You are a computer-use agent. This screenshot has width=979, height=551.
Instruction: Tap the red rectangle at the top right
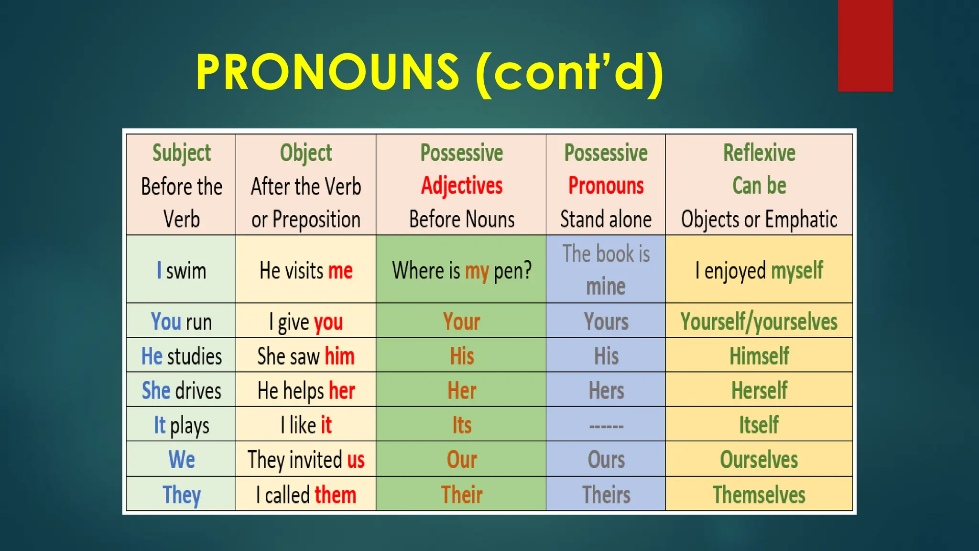pyautogui.click(x=865, y=45)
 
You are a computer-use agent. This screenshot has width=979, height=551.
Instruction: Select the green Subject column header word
pyautogui.click(x=181, y=153)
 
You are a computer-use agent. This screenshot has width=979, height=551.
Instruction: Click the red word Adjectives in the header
pyautogui.click(x=462, y=186)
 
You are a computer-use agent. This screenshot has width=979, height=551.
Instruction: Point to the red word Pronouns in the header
pyautogui.click(x=606, y=186)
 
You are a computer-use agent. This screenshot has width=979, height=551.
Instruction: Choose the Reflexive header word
pyautogui.click(x=759, y=153)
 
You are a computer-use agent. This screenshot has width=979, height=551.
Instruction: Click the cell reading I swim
pyautogui.click(x=181, y=271)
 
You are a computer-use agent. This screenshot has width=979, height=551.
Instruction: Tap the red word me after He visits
pyautogui.click(x=340, y=271)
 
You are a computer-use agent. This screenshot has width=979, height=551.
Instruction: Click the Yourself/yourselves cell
pyautogui.click(x=759, y=321)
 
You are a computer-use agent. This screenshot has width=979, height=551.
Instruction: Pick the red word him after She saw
pyautogui.click(x=339, y=356)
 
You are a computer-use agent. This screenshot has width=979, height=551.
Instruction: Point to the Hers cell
pyautogui.click(x=606, y=391)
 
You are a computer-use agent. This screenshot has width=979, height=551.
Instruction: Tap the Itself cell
pyautogui.click(x=759, y=425)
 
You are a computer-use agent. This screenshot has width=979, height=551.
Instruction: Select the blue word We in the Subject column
pyautogui.click(x=182, y=460)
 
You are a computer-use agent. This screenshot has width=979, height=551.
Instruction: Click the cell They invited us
pyautogui.click(x=306, y=460)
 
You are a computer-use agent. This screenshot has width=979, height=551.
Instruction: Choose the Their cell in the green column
pyautogui.click(x=462, y=495)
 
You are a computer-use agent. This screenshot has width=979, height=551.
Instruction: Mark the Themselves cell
pyautogui.click(x=759, y=495)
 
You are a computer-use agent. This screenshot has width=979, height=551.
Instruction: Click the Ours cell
pyautogui.click(x=606, y=460)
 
